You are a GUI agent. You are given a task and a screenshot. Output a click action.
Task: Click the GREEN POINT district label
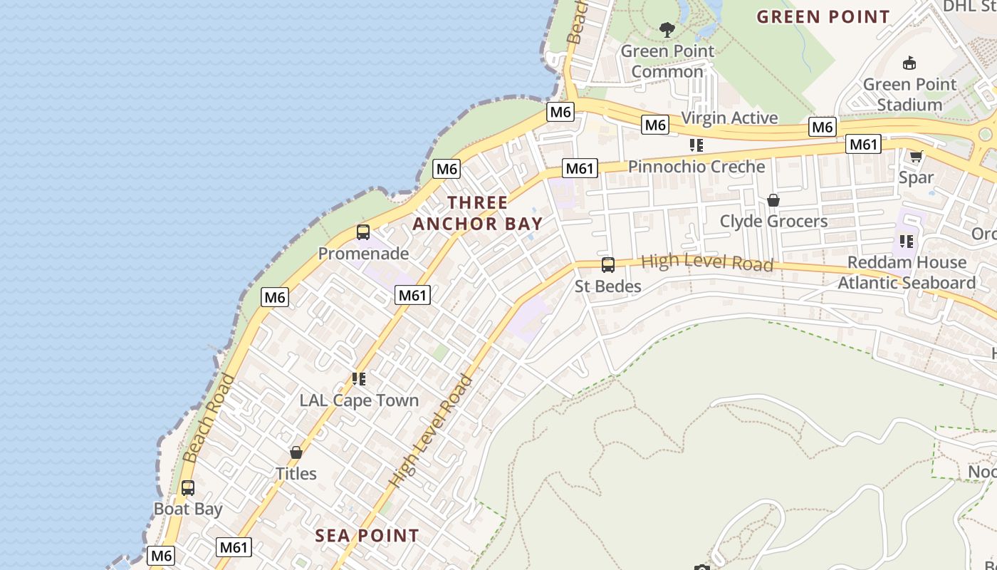point(823,16)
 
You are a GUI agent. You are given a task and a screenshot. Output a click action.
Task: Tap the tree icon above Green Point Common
point(667,30)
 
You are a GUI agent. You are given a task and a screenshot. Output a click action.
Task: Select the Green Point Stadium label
point(909,95)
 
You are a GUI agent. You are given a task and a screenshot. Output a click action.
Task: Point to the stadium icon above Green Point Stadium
point(909,63)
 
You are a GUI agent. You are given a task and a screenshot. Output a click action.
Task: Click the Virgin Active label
point(729,118)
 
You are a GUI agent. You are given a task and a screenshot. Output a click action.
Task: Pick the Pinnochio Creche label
point(696,167)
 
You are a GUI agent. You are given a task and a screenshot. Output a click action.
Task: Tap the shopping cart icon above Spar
point(916,156)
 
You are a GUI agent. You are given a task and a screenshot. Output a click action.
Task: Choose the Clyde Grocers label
point(773,221)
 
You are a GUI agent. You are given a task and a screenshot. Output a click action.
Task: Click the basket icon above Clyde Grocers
point(773,200)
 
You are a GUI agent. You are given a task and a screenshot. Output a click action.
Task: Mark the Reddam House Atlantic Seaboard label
point(907,272)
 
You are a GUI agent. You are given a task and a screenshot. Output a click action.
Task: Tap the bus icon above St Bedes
point(608,265)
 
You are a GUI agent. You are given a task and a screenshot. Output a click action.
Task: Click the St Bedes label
point(608,286)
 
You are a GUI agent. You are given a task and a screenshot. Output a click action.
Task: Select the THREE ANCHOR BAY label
point(477,213)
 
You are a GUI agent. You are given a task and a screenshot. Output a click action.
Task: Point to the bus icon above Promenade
point(363,232)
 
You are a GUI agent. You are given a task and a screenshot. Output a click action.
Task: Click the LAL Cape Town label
point(359,400)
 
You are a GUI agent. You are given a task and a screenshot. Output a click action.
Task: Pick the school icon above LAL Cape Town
point(359,379)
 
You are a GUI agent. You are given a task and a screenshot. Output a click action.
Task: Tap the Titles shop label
point(296,473)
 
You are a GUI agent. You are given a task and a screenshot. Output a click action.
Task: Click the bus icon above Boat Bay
point(188,488)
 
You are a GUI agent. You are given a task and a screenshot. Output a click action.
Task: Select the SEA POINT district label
point(367,536)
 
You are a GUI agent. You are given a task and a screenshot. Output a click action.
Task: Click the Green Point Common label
point(667,61)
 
